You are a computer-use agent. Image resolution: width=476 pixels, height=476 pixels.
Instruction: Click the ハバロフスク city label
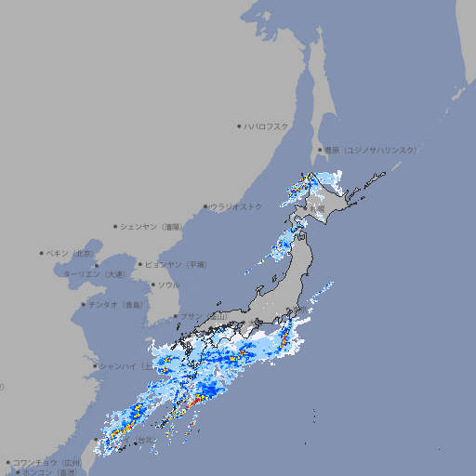pyautogui.click(x=267, y=126)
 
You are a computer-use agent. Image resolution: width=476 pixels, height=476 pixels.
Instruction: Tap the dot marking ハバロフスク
pyautogui.click(x=239, y=126)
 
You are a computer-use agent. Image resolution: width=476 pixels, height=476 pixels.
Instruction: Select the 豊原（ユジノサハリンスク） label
pyautogui.click(x=370, y=150)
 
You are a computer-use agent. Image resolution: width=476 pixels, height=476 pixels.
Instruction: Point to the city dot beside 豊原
pyautogui.click(x=320, y=150)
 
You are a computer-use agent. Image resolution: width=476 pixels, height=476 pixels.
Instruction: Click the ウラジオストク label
pyautogui.click(x=236, y=206)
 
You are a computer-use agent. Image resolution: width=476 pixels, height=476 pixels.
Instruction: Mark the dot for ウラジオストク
pyautogui.click(x=205, y=206)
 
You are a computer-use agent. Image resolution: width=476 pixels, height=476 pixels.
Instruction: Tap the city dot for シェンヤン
pyautogui.click(x=115, y=226)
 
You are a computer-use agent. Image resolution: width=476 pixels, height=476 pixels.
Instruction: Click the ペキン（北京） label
pyautogui.click(x=71, y=253)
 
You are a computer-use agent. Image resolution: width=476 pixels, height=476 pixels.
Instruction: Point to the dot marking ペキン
pyautogui.click(x=42, y=253)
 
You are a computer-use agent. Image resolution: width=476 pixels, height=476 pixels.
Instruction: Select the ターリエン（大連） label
pyautogui.click(x=94, y=274)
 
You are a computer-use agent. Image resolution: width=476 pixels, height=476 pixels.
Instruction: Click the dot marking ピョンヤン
pyautogui.click(x=140, y=264)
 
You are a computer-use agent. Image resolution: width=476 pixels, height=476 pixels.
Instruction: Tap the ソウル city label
pyautogui.click(x=168, y=284)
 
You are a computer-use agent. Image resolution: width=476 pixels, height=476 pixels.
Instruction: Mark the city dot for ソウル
pyautogui.click(x=152, y=284)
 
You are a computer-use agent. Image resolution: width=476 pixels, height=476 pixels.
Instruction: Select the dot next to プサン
pyautogui.click(x=175, y=316)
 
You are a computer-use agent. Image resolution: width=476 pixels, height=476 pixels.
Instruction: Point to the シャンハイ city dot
pyautogui.click(x=94, y=365)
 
